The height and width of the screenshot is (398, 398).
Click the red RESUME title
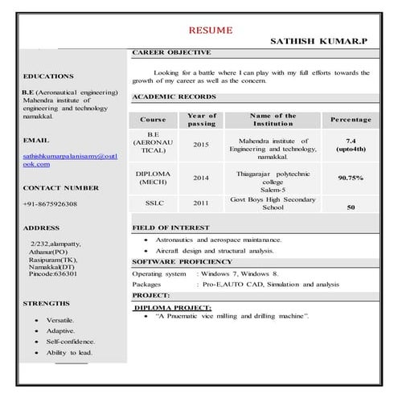[211, 31]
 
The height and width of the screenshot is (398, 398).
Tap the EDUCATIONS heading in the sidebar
[48, 76]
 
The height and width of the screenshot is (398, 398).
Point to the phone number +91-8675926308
[50, 204]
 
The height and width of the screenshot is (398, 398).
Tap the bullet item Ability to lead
[69, 353]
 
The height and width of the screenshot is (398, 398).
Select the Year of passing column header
[201, 120]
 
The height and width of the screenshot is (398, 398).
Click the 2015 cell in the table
[201, 145]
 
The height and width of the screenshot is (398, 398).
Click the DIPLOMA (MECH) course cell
[151, 178]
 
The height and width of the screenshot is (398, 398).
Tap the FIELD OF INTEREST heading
[170, 228]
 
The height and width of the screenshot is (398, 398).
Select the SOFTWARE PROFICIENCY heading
[181, 261]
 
